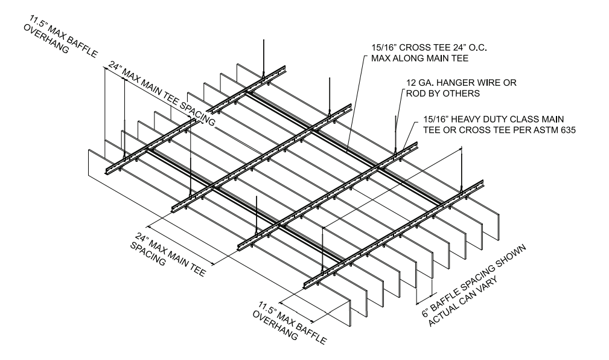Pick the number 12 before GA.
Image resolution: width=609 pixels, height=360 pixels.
pos(409,82)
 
